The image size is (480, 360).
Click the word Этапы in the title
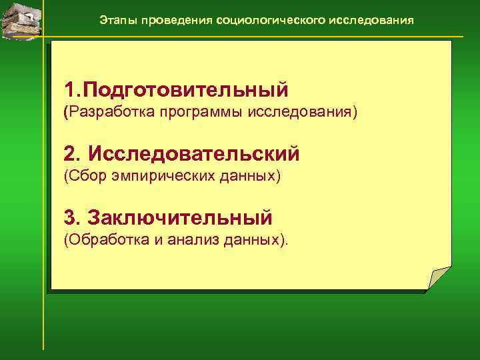pyautogui.click(x=115, y=20)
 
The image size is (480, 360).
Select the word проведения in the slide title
pyautogui.click(x=172, y=20)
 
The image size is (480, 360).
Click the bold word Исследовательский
pyautogui.click(x=194, y=154)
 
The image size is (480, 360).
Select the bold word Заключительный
pyautogui.click(x=180, y=217)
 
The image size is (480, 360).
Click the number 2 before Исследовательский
pyautogui.click(x=70, y=154)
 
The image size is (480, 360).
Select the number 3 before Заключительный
pyautogui.click(x=70, y=217)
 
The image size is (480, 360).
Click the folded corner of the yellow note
pyautogui.click(x=438, y=277)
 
